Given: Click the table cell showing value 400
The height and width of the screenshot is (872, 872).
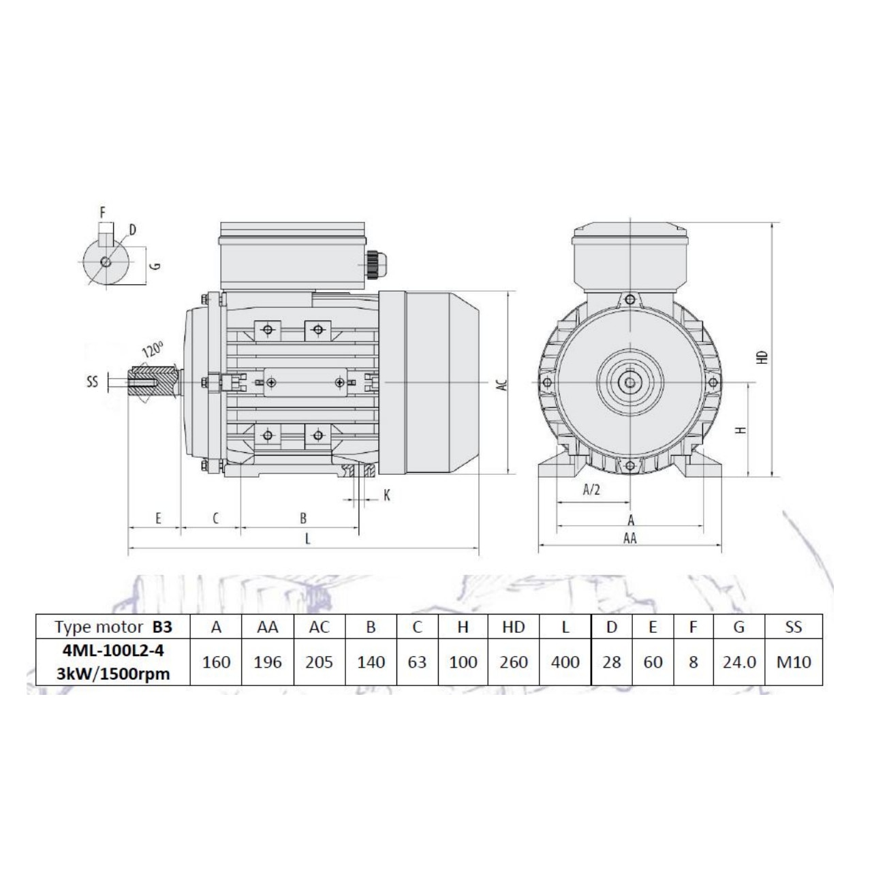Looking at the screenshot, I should pyautogui.click(x=565, y=661).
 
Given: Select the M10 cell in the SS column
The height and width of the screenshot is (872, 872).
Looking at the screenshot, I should pyautogui.click(x=794, y=661).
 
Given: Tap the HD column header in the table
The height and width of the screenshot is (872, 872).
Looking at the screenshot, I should pyautogui.click(x=514, y=627).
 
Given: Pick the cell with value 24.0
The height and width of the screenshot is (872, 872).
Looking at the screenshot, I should pyautogui.click(x=738, y=661).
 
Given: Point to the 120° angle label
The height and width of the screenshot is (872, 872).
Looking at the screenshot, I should pyautogui.click(x=153, y=350).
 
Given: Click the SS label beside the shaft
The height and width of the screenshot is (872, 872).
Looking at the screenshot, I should pyautogui.click(x=93, y=381).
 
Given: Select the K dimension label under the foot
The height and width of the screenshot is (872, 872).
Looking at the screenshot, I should pyautogui.click(x=386, y=495).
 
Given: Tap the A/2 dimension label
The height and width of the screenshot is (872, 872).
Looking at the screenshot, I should pyautogui.click(x=592, y=490).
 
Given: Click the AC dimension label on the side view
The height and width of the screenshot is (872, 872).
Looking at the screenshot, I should pyautogui.click(x=501, y=384).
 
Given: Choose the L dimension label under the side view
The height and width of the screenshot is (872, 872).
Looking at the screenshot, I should pyautogui.click(x=307, y=539).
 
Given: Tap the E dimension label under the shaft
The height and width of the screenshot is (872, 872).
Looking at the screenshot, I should pyautogui.click(x=158, y=518).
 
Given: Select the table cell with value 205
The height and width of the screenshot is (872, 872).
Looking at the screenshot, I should pyautogui.click(x=319, y=661).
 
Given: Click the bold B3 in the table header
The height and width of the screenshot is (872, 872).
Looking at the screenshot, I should pyautogui.click(x=162, y=627).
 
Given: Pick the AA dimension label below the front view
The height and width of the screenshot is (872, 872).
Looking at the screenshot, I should pyautogui.click(x=630, y=538).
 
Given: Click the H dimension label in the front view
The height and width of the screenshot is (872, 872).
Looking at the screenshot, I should pyautogui.click(x=742, y=429).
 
